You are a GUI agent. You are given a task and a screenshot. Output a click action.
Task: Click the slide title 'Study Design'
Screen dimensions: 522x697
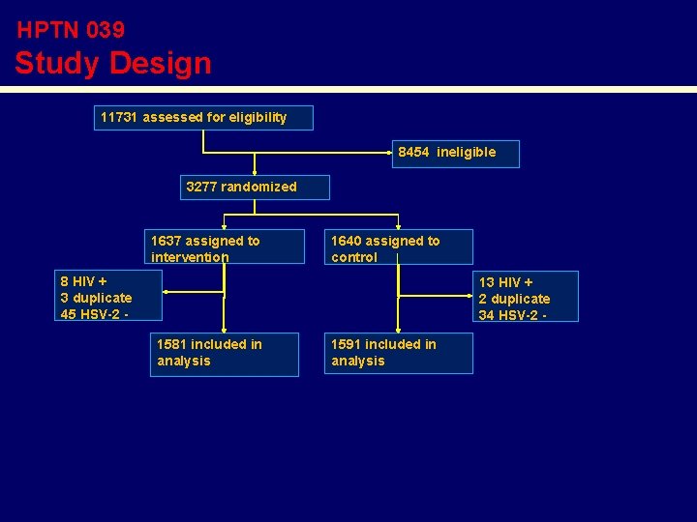click(112, 64)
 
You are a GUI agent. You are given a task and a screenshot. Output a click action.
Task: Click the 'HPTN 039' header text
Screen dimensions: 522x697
click(71, 30)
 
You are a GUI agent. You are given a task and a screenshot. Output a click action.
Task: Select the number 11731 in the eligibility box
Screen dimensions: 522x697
click(119, 117)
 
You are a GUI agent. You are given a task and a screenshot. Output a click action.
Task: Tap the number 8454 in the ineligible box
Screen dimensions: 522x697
click(413, 152)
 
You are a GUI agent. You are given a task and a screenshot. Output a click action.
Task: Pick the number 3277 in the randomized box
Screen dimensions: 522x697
click(202, 187)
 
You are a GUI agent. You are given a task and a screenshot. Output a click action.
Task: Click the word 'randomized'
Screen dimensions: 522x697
click(258, 187)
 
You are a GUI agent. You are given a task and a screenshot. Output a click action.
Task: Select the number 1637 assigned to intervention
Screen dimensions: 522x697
click(167, 241)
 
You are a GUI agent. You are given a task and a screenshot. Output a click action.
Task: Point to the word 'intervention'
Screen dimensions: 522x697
click(190, 257)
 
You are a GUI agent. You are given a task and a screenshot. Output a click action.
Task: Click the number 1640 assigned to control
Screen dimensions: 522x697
click(347, 241)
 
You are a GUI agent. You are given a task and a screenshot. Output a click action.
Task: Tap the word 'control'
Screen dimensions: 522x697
click(354, 257)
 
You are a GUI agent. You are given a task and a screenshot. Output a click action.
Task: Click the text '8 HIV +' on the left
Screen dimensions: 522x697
click(83, 281)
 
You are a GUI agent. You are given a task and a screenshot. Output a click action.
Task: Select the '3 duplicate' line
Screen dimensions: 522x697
click(96, 298)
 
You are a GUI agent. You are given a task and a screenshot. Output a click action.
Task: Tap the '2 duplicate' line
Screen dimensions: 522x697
click(514, 299)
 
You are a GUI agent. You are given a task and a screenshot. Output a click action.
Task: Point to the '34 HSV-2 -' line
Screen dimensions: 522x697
click(514, 314)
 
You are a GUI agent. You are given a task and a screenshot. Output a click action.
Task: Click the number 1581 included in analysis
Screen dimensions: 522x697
click(172, 344)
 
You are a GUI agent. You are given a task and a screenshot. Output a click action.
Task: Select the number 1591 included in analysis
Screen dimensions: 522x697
click(347, 344)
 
